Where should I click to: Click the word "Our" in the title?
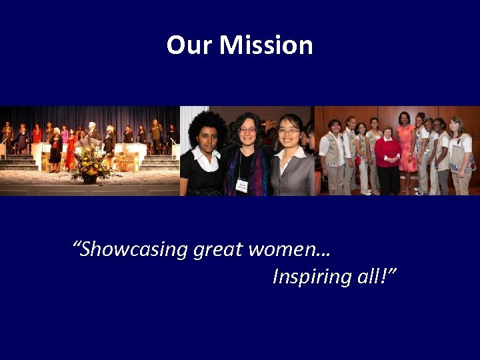190,45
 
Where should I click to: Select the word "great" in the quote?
218,249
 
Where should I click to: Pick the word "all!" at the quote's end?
375,276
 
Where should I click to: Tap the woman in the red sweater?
387,160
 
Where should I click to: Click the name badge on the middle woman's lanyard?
242,185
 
